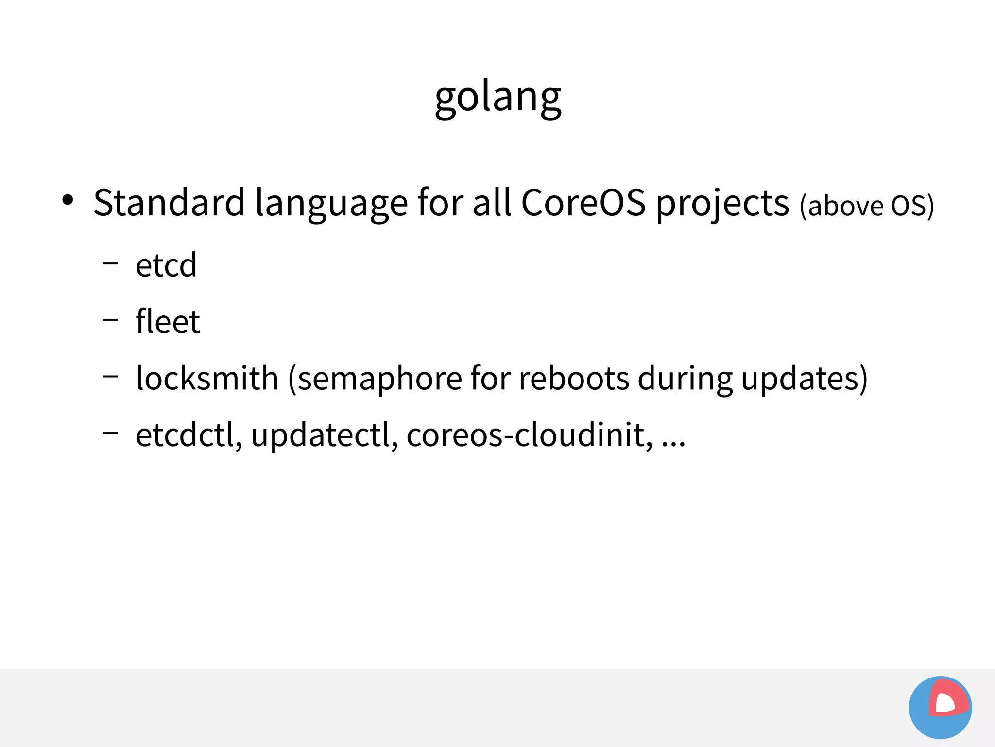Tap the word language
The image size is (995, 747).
(331, 203)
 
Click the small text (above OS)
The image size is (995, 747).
(867, 206)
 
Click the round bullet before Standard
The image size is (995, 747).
(68, 200)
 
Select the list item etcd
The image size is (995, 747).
(166, 265)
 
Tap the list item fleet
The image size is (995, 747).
(168, 321)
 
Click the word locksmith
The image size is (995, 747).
(207, 378)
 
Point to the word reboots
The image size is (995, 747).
(574, 378)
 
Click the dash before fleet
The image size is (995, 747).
(110, 320)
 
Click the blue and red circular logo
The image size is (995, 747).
(940, 707)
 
